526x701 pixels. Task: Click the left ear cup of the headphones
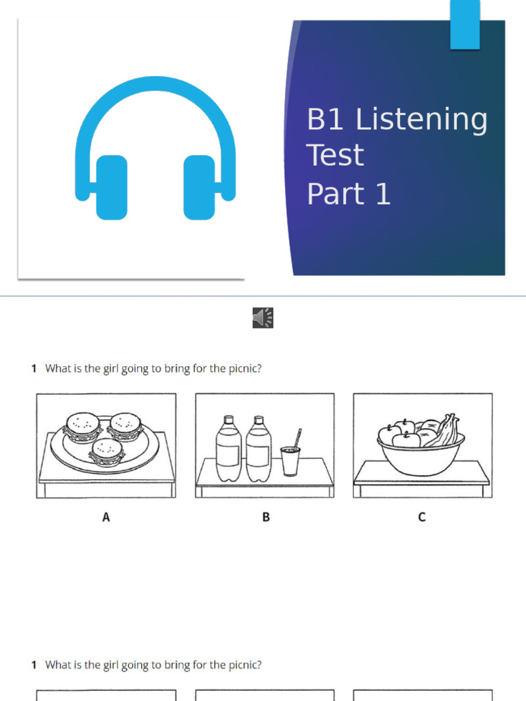click(112, 187)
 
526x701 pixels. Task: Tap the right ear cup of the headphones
click(199, 187)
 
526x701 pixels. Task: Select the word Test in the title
click(335, 155)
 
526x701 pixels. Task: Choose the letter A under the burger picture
click(106, 518)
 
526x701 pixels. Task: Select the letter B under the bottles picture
click(266, 518)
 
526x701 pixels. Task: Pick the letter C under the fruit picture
click(422, 518)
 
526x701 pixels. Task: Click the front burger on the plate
click(107, 452)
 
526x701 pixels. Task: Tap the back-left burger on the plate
click(82, 426)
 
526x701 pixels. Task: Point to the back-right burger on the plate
click(125, 426)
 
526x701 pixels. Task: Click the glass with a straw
click(290, 460)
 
